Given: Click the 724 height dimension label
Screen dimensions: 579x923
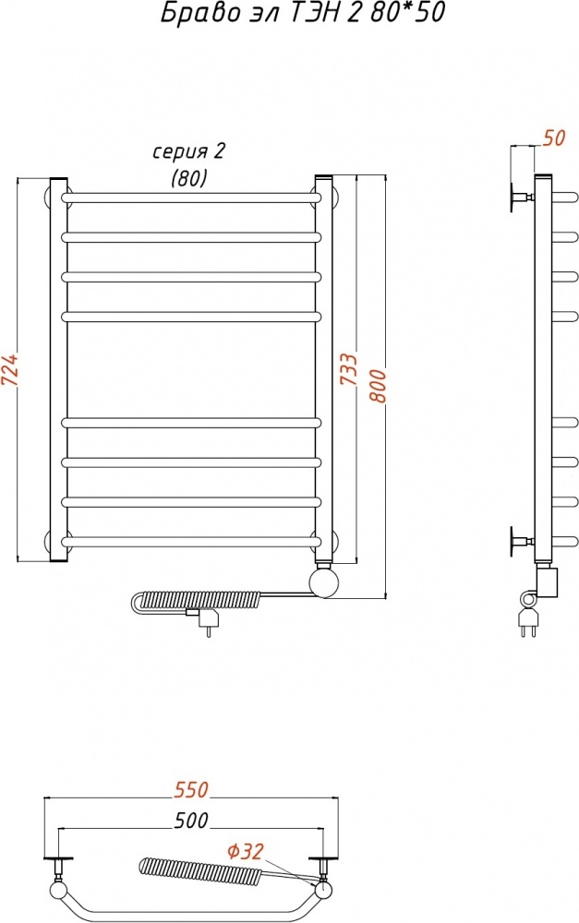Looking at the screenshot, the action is [x=12, y=370].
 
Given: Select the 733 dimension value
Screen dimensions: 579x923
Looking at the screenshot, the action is [x=349, y=369].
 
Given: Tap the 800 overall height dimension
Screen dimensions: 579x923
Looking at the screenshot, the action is [x=378, y=386].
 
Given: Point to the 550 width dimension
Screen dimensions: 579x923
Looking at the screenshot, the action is [x=191, y=789].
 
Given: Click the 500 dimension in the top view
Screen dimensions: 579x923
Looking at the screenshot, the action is [x=191, y=820].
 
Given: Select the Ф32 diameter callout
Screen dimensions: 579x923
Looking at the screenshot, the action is [x=245, y=851].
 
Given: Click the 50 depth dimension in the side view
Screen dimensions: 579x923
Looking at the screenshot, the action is [x=554, y=138].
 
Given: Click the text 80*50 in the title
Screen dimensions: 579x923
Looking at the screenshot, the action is [x=408, y=12].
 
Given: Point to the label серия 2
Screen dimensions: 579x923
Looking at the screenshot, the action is [x=189, y=152].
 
